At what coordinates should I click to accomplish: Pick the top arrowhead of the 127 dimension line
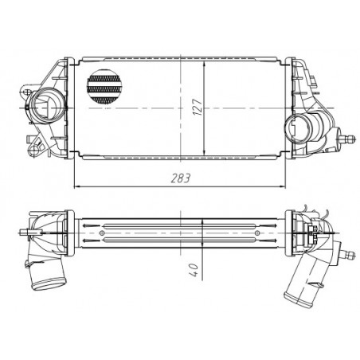(x=206, y=63)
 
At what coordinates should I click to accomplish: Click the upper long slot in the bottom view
(x=183, y=224)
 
